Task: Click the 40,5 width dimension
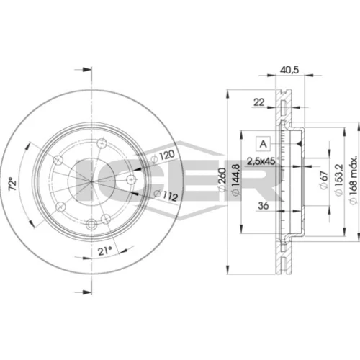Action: click(x=289, y=70)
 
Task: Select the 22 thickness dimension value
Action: click(x=259, y=102)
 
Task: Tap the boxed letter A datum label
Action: click(x=264, y=144)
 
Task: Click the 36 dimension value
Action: click(x=264, y=206)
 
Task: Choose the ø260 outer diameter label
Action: click(x=222, y=179)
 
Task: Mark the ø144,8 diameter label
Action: click(x=235, y=179)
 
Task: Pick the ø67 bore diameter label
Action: click(x=324, y=179)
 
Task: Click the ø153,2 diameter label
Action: click(x=338, y=179)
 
